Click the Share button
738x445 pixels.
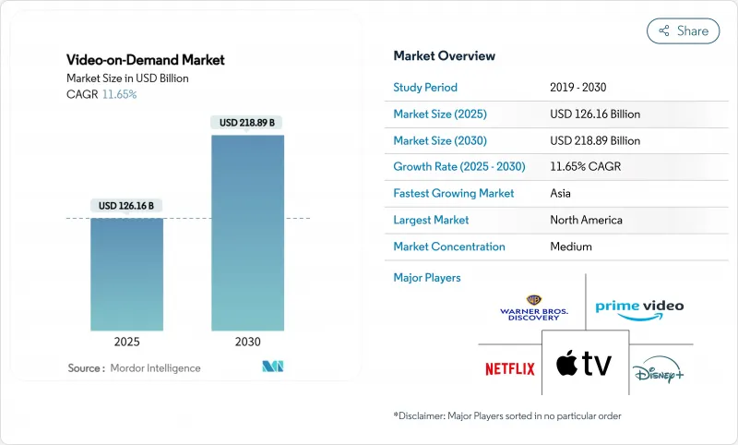pos(683,30)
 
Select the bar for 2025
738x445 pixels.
pos(126,274)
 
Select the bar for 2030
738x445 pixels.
pos(247,233)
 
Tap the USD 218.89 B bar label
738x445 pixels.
pos(247,122)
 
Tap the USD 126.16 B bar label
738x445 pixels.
pos(126,205)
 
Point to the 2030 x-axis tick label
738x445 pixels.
pos(247,341)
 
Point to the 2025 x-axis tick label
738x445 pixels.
pos(126,341)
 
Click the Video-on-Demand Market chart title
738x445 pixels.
pos(146,60)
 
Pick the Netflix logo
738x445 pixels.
pos(510,369)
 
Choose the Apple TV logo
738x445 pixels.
pos(584,364)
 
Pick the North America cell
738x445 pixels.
pos(586,220)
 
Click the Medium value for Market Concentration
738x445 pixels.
pos(571,247)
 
